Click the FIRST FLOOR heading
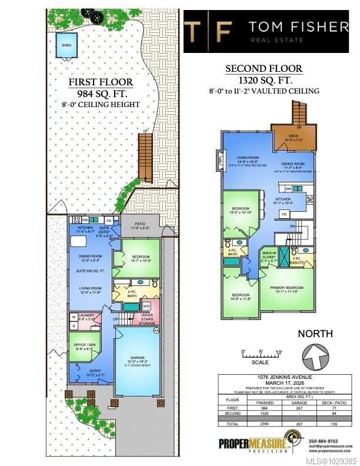[100, 82]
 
